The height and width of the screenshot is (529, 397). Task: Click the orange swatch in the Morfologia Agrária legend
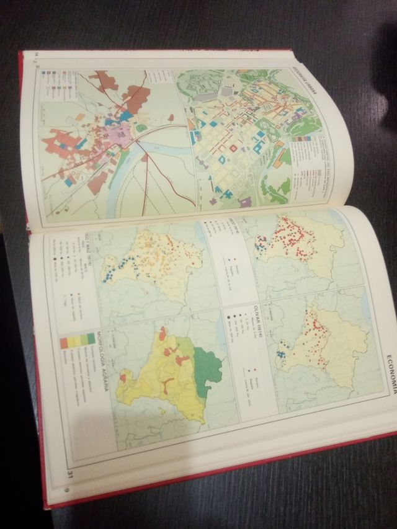coord(64,342)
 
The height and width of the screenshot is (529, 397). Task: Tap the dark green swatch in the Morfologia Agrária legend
coord(91,339)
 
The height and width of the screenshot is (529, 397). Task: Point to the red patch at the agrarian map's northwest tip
coord(162,334)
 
